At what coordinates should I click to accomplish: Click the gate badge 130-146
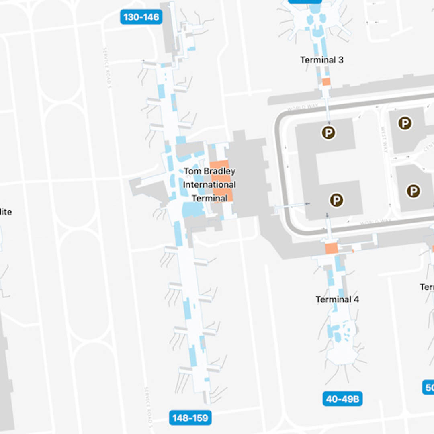pos(141,17)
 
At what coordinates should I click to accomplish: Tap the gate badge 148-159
pos(190,418)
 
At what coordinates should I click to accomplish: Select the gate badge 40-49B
pos(342,399)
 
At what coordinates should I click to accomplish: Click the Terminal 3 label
pos(322,60)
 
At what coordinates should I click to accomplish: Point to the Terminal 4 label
pos(337,299)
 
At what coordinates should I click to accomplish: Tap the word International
pos(209,185)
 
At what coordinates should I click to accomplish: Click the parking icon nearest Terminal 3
pos(329,133)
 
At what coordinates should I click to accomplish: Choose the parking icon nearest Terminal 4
pos(336,200)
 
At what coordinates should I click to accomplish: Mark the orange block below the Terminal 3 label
pos(326,82)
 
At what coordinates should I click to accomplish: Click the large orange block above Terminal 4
pos(331,248)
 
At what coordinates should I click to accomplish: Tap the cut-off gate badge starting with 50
pos(428,387)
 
